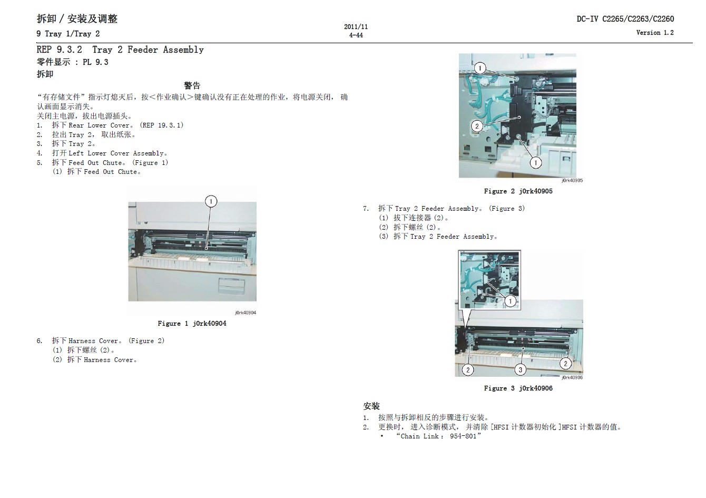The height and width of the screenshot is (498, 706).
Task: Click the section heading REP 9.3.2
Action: [59, 50]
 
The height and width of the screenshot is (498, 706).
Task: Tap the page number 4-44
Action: [356, 35]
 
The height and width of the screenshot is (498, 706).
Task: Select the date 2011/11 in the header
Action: [356, 27]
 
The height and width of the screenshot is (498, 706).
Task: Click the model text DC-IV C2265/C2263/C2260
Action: [625, 19]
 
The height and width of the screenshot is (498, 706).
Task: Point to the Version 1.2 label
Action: [655, 33]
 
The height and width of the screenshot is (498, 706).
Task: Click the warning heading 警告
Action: [192, 85]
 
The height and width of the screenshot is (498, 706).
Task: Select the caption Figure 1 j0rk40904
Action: [192, 324]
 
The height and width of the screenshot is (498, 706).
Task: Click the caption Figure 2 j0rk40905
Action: [518, 191]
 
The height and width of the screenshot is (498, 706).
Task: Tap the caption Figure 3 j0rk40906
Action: [518, 388]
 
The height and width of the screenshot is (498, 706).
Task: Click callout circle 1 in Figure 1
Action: [211, 201]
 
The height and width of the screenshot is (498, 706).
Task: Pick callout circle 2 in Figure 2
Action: [477, 126]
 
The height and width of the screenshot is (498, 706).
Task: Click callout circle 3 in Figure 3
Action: [521, 370]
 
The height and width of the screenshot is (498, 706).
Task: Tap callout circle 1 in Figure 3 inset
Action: [511, 301]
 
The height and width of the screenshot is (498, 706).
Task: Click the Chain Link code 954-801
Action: [463, 436]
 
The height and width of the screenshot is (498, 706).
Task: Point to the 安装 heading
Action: [371, 406]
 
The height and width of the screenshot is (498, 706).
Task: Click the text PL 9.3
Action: [95, 62]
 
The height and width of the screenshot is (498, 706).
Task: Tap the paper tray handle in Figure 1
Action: [231, 285]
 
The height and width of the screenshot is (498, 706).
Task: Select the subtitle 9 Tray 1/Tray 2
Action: [68, 34]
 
